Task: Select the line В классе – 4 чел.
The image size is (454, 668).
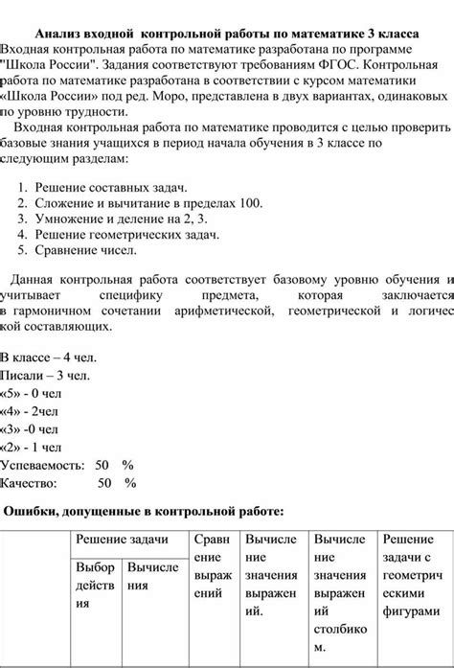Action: coord(48,357)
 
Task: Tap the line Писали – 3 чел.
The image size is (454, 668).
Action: coord(45,375)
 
